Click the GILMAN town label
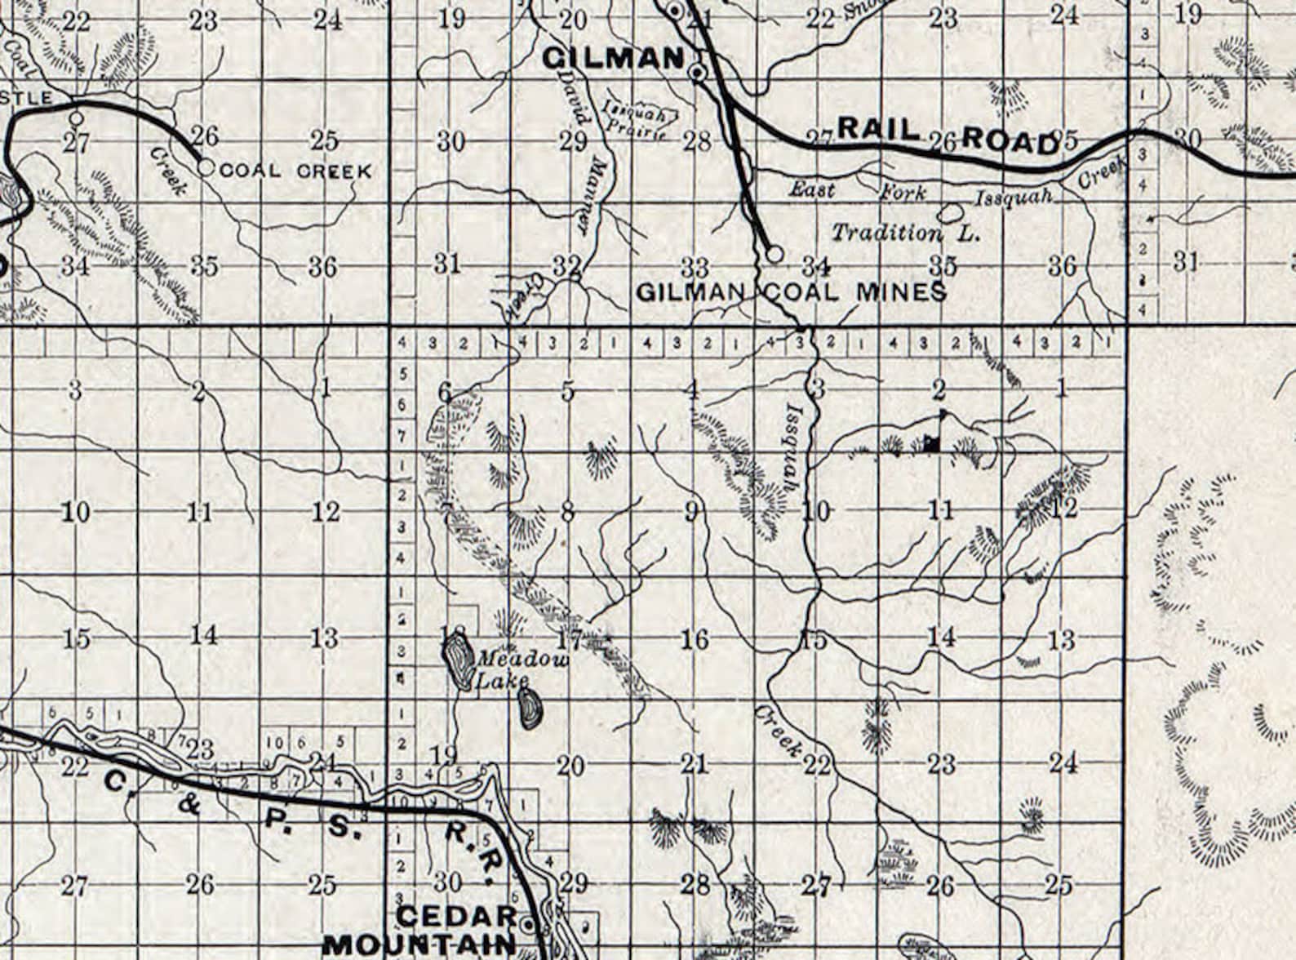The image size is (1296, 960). pos(613,58)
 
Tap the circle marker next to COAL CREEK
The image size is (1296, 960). pos(206,168)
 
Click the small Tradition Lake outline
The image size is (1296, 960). pos(949,213)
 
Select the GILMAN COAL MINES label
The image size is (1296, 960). pos(791,291)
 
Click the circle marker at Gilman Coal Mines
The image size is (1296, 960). pos(774,253)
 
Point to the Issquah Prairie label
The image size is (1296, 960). pos(635,119)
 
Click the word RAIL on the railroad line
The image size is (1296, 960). pos(879,128)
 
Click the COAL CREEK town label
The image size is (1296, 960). pos(295,171)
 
